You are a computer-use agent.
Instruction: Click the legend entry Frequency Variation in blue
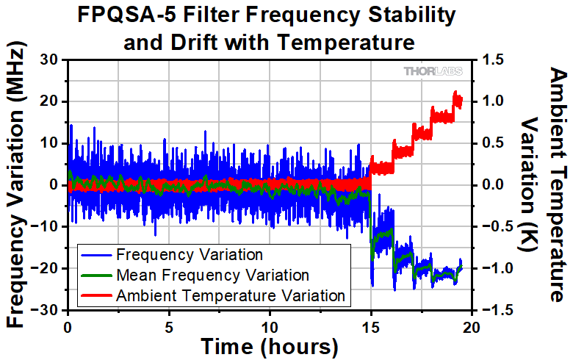coord(189,256)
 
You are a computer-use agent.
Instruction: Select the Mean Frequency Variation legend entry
coord(212,276)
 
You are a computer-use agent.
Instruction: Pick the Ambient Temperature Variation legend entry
coord(230,295)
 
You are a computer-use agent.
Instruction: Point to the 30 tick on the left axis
coord(48,60)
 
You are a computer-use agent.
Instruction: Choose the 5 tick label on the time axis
coord(169,326)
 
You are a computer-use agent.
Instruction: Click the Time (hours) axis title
coord(270,346)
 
